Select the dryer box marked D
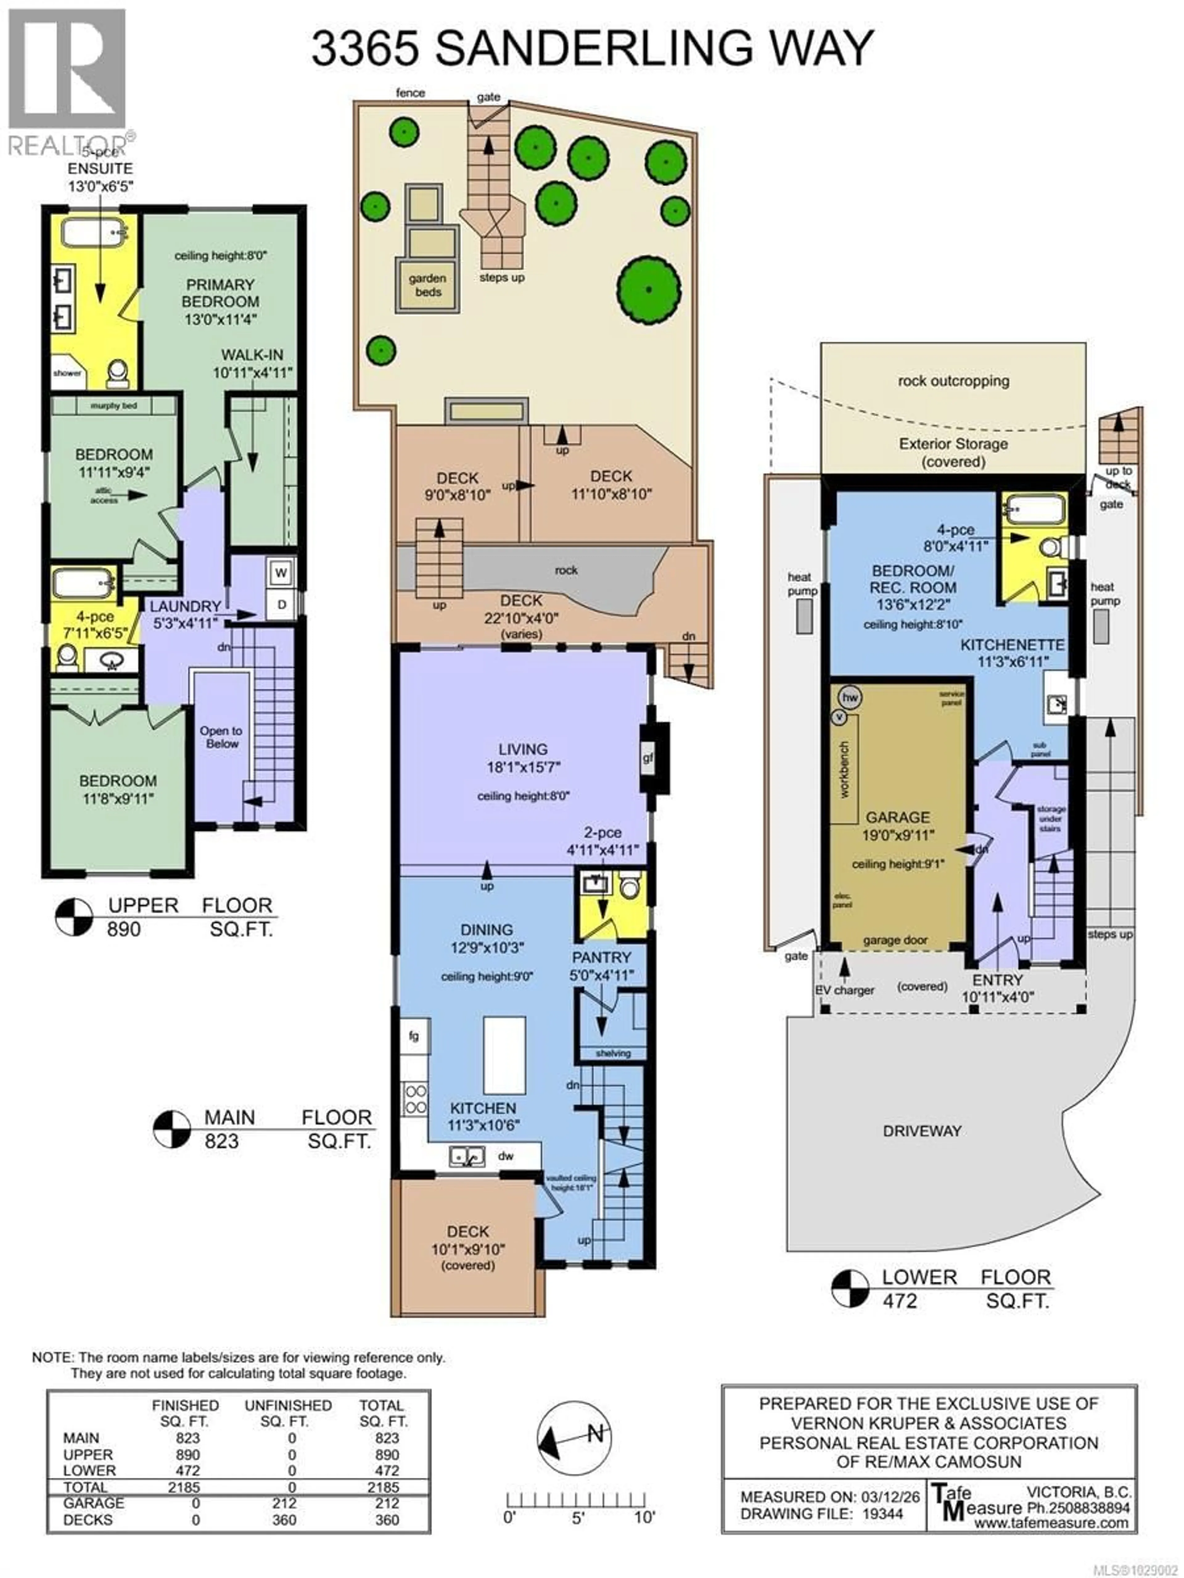281,604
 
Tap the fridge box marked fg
414,1036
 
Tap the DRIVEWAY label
922,1131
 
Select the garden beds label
427,285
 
